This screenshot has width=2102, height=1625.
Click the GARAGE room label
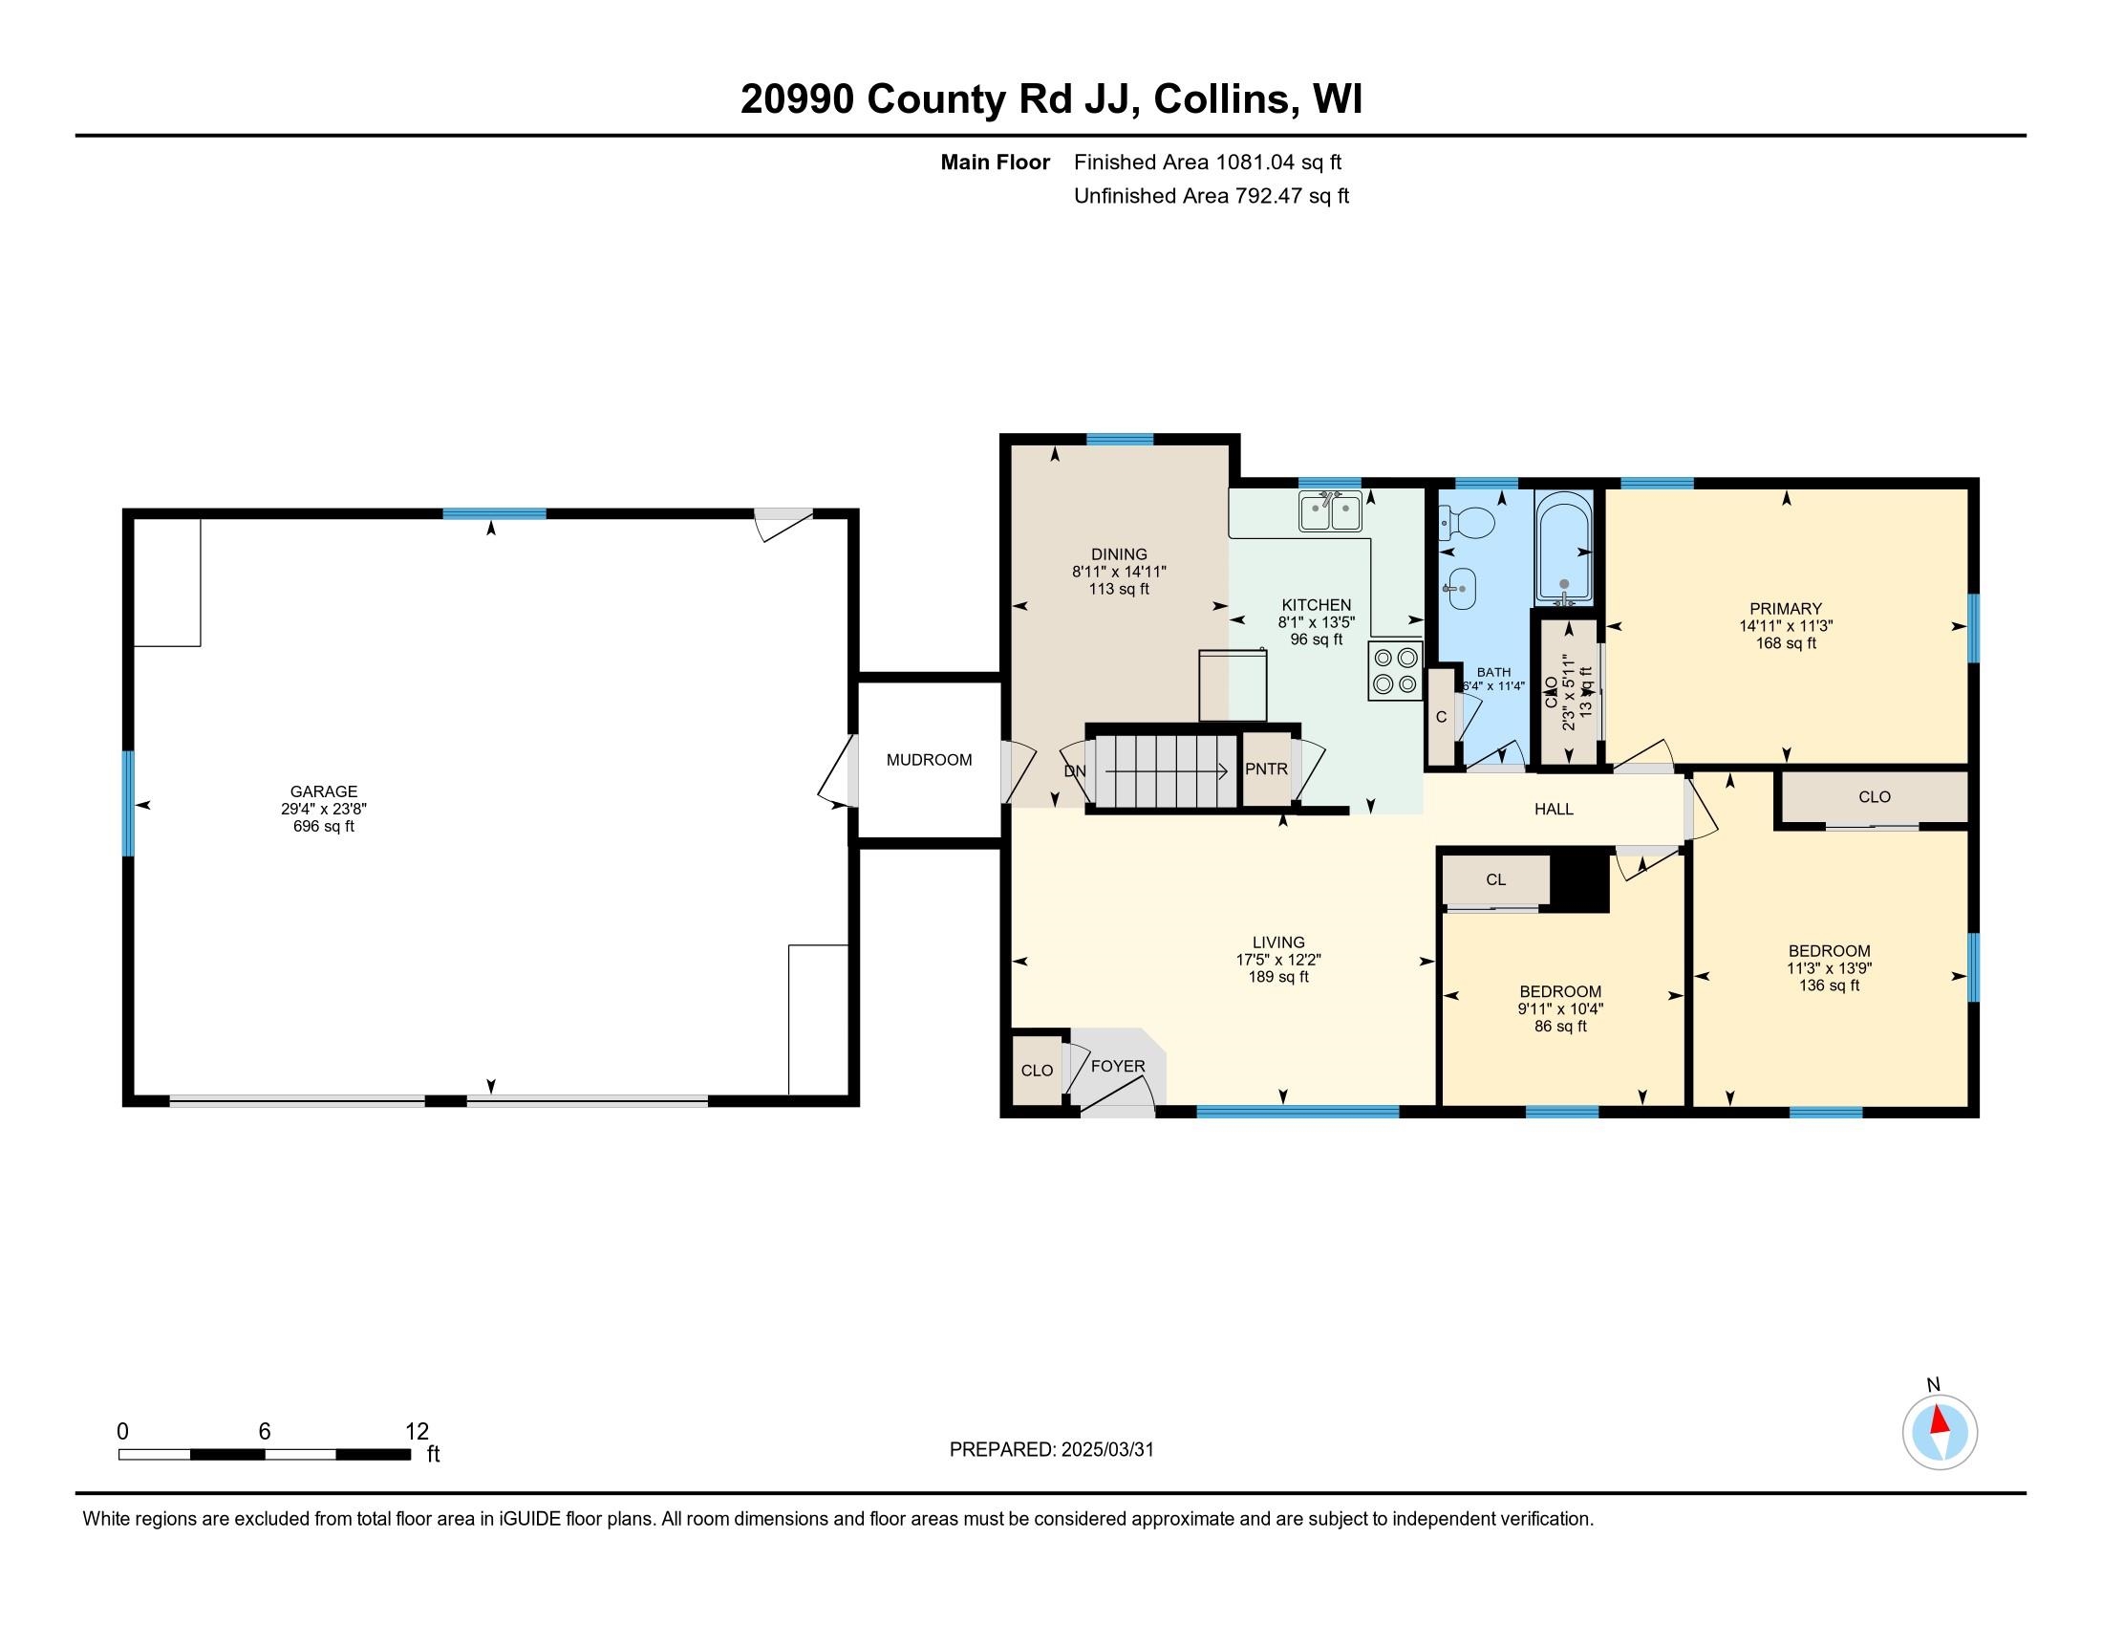pos(323,791)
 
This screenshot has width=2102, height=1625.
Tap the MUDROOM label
pos(929,760)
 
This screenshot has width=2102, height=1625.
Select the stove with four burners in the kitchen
pos(1395,671)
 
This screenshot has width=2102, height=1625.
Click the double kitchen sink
pos(1330,511)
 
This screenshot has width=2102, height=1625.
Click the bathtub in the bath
pos(1564,548)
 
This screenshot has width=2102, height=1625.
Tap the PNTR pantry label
pos(1266,769)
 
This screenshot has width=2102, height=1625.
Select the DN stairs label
pos(1074,771)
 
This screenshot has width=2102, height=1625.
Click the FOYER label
pos(1118,1066)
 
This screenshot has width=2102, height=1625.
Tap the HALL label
pos(1554,809)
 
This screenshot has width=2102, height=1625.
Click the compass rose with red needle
pos(1940,1432)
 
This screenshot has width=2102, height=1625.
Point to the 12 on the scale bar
pos(417,1431)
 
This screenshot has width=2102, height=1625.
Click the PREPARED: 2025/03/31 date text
pos(1051,1450)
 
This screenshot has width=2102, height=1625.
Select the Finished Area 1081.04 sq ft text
pos(1207,162)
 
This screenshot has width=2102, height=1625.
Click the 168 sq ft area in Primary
pos(1786,643)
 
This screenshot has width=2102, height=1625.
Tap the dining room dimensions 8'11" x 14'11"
pos(1119,571)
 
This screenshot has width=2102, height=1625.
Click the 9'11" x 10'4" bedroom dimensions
pos(1560,1008)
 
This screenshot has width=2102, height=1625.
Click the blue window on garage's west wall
pos(128,803)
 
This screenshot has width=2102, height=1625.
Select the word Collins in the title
pos(1221,98)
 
